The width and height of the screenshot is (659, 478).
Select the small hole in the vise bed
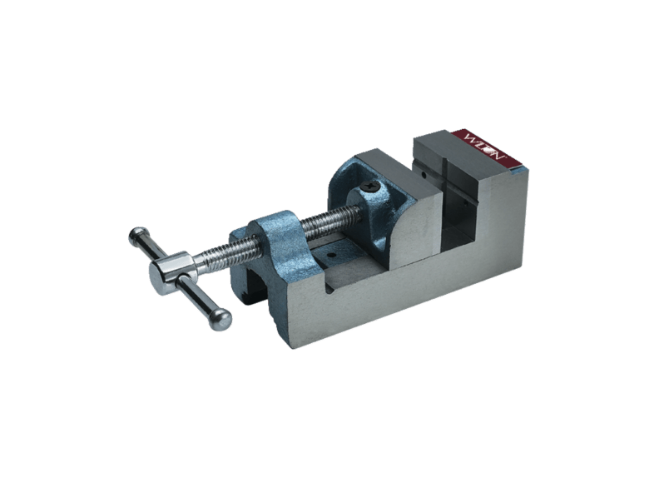coord(331,256)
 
